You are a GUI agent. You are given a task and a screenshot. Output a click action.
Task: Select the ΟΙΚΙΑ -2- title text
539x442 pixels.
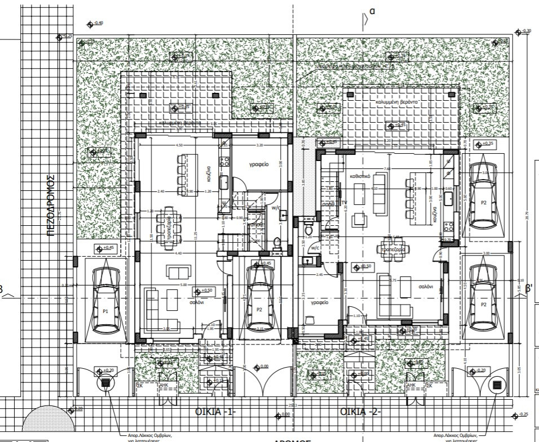(361, 412)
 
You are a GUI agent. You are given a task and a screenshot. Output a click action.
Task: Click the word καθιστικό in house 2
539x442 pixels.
(359, 176)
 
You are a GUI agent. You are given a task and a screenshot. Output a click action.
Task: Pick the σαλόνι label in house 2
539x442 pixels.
(425, 286)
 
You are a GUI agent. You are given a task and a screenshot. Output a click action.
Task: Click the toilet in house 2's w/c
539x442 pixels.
(308, 230)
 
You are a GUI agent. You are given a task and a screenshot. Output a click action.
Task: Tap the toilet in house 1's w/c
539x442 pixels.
(276, 243)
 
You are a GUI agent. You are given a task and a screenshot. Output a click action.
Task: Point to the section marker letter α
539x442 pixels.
(372, 11)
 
